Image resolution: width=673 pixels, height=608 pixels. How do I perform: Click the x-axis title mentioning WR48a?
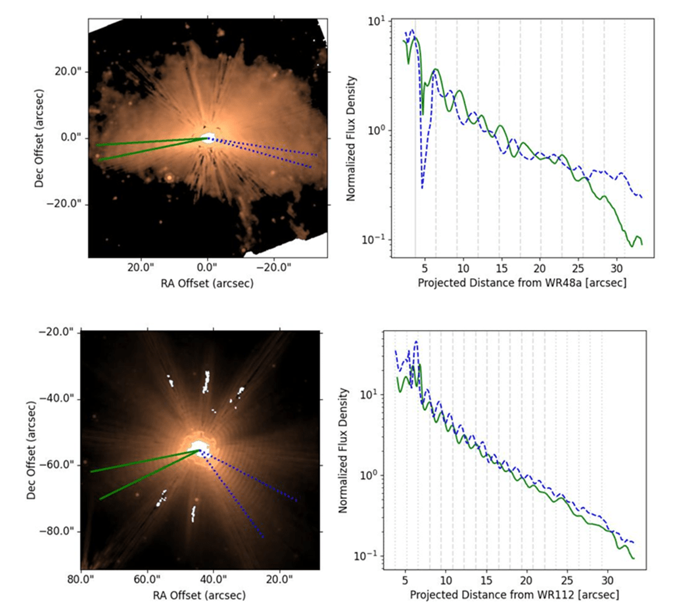click(521, 283)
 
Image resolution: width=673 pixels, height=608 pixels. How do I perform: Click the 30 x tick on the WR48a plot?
click(616, 268)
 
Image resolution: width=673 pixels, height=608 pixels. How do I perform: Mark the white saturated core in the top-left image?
click(208, 138)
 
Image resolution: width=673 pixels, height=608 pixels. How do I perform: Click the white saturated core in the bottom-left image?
click(198, 448)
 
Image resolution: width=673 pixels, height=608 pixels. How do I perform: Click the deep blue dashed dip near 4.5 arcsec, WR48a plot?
click(422, 188)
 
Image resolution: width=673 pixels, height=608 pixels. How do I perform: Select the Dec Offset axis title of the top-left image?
click(41, 138)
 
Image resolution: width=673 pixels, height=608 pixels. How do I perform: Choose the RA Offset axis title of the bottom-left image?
click(200, 595)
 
